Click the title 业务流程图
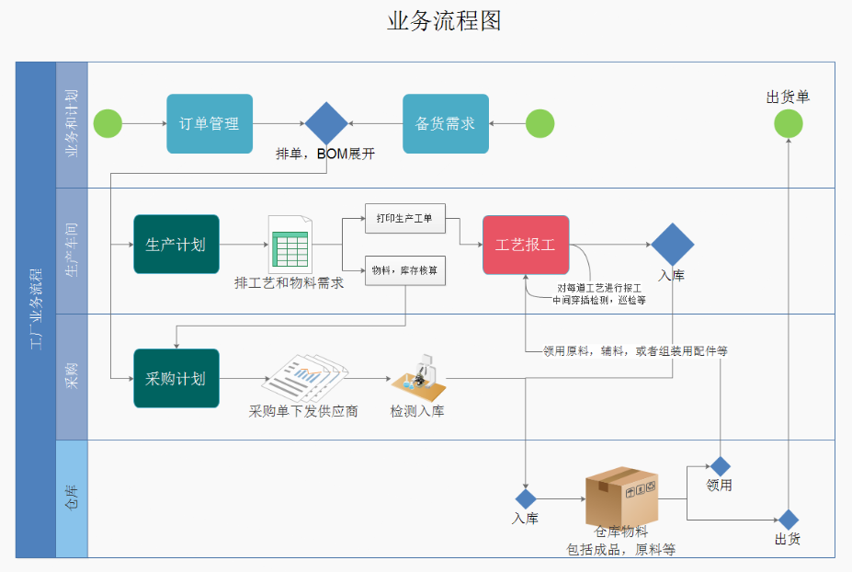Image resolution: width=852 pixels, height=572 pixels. (x=444, y=21)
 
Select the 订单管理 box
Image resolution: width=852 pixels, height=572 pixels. (x=209, y=123)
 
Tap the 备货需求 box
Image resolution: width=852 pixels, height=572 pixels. (x=446, y=123)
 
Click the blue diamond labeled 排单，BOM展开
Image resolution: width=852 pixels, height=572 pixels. (x=326, y=123)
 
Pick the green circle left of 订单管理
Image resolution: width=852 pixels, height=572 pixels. (x=108, y=123)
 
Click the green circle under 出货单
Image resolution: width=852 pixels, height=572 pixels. (x=788, y=123)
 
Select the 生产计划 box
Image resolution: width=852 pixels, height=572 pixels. (x=176, y=245)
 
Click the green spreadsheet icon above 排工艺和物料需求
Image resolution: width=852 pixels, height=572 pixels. (x=290, y=245)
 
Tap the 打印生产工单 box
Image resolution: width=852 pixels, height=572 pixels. (x=404, y=218)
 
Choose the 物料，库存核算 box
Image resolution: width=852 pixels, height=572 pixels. (x=404, y=270)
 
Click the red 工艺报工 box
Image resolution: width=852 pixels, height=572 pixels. (x=526, y=245)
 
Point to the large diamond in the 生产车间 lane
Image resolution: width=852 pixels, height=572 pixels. (x=672, y=245)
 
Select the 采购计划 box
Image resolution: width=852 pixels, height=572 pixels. (x=176, y=378)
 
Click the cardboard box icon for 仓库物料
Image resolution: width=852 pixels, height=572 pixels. (x=622, y=496)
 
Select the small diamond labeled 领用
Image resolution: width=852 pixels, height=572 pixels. (x=720, y=466)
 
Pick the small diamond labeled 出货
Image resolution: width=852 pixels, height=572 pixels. (x=788, y=520)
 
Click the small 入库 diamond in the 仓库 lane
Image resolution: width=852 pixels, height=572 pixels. (x=525, y=498)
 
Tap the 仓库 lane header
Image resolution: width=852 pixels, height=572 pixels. (x=72, y=498)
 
